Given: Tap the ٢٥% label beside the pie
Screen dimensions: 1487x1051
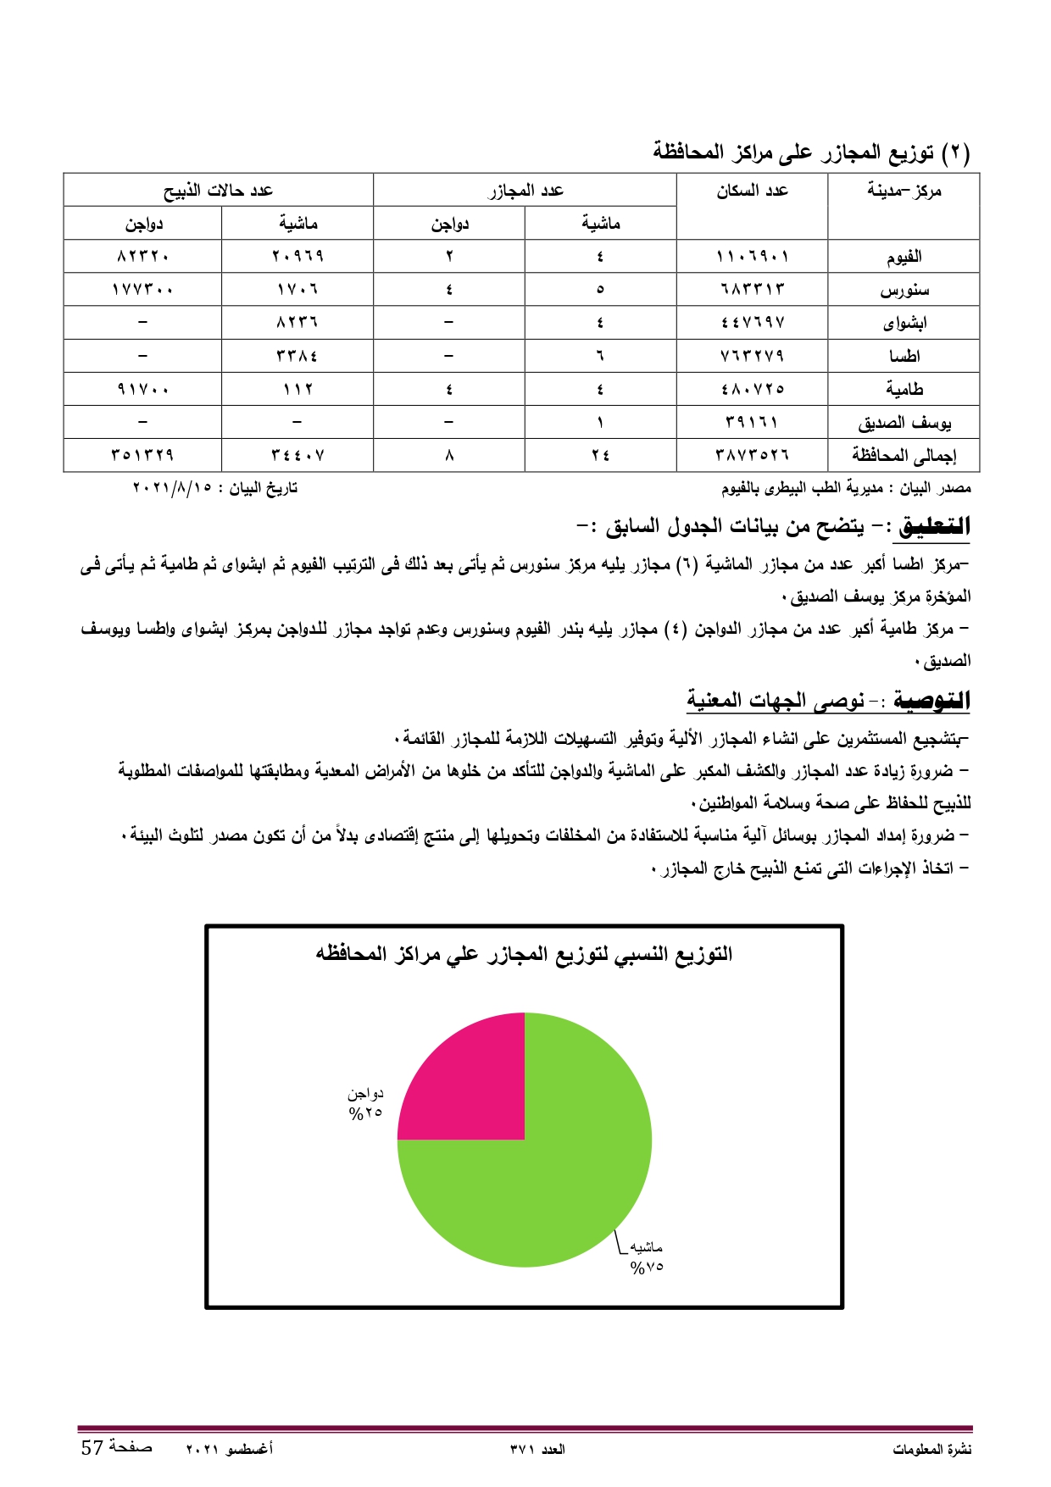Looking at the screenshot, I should click(366, 1113).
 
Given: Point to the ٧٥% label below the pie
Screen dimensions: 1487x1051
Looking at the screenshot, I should click(646, 1268).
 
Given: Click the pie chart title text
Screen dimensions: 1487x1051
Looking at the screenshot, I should click(524, 954).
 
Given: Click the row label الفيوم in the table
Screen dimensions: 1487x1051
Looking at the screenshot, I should click(904, 256).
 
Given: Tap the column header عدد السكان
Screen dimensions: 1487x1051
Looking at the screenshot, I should click(752, 191).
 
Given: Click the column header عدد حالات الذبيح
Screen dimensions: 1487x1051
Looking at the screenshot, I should click(218, 191).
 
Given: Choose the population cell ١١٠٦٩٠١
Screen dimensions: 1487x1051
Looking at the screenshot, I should click(752, 256).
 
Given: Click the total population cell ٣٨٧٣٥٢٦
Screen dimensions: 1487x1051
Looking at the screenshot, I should click(752, 455).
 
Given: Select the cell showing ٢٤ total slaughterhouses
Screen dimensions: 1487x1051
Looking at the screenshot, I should click(600, 455).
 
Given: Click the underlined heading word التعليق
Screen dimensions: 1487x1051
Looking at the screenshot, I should click(934, 526).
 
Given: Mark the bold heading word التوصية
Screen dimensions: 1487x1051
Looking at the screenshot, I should click(931, 701).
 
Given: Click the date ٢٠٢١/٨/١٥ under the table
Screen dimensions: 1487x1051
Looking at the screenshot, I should click(172, 488).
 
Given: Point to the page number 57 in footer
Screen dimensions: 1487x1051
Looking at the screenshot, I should click(92, 1447).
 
